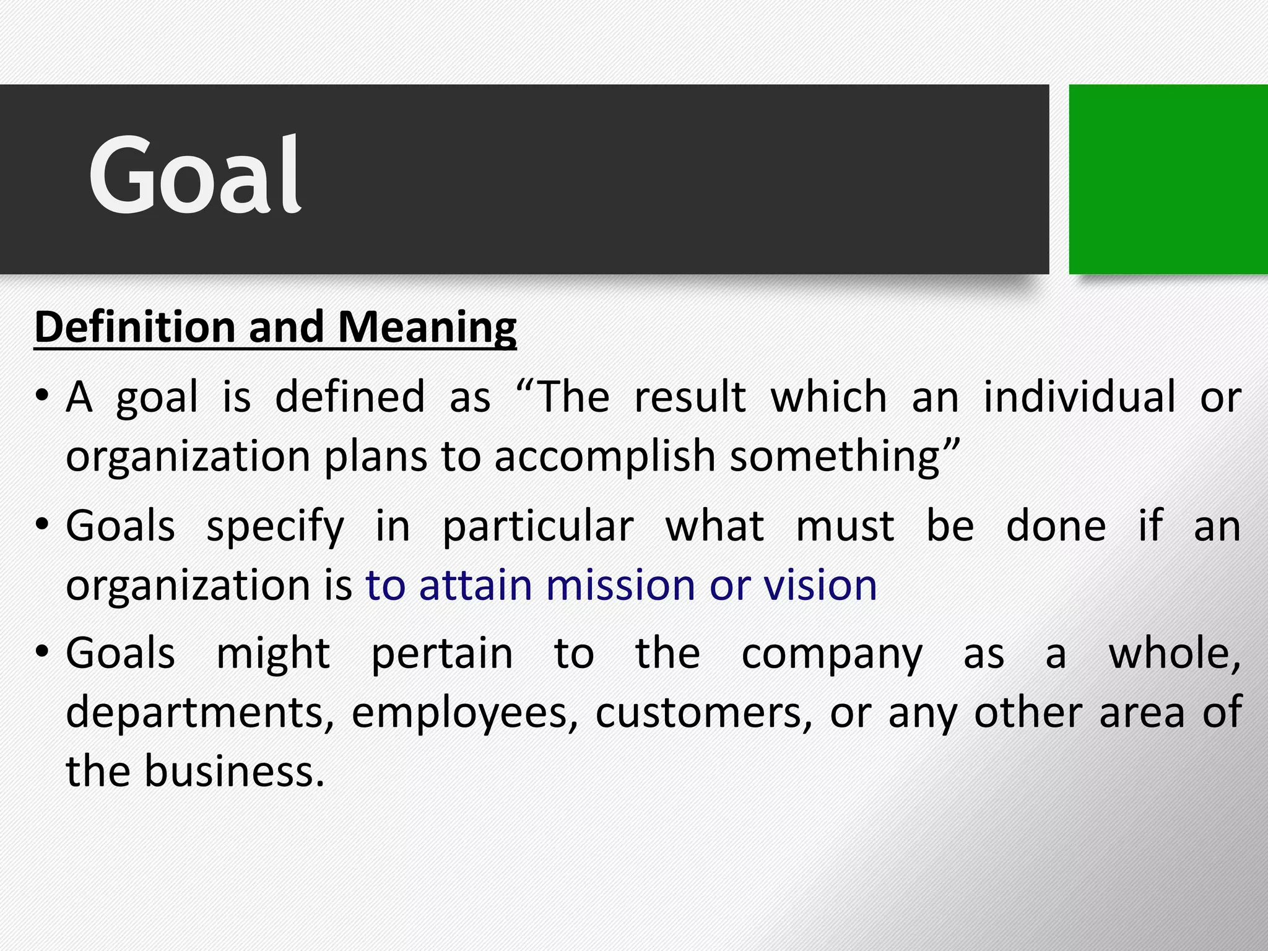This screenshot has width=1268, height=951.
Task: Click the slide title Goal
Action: pos(195,175)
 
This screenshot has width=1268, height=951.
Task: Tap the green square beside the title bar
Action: pos(1168,179)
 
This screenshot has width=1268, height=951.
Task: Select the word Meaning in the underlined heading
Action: pos(427,328)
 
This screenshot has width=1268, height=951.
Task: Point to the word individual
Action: pos(1079,397)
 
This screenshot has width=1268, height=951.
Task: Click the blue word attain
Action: pos(475,585)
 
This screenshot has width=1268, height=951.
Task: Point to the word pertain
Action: pos(442,654)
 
